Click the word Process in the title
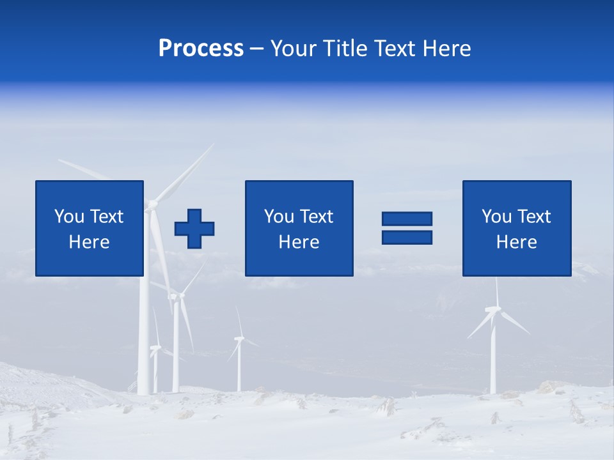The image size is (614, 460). pyautogui.click(x=201, y=49)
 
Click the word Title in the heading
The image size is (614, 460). pyautogui.click(x=343, y=49)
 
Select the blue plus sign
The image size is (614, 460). pyautogui.click(x=194, y=228)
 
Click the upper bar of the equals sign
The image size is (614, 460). pyautogui.click(x=407, y=218)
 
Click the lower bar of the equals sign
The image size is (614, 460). pyautogui.click(x=407, y=237)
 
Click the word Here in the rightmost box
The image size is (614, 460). pyautogui.click(x=516, y=242)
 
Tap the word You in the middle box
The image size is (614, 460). pyautogui.click(x=279, y=217)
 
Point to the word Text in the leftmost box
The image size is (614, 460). pyautogui.click(x=107, y=217)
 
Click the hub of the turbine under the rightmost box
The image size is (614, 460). pyautogui.click(x=494, y=310)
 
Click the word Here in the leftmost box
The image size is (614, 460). pyautogui.click(x=89, y=242)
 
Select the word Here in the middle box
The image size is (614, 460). pyautogui.click(x=299, y=242)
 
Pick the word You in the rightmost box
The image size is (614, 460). pyautogui.click(x=496, y=217)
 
